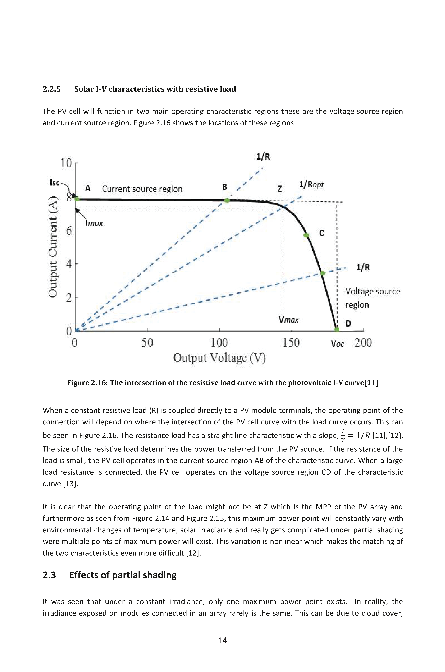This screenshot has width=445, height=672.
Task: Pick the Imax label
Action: click(x=94, y=223)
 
